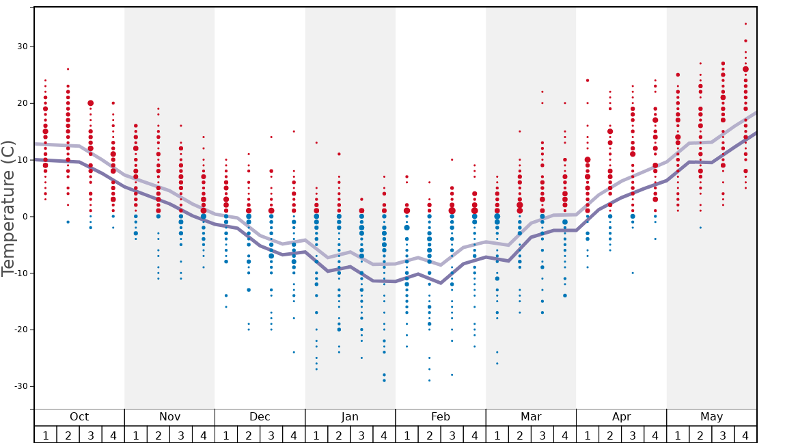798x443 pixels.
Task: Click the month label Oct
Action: (79, 417)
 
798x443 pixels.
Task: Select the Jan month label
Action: (350, 417)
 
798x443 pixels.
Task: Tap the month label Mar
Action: (531, 417)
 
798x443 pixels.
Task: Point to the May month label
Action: (711, 417)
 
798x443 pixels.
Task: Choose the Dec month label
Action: (260, 417)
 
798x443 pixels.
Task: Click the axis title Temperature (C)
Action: (8, 209)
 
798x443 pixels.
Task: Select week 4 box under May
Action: (745, 435)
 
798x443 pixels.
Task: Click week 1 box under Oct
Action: (45, 435)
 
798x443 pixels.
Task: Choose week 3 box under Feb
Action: (452, 435)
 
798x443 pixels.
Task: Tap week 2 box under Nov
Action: (159, 435)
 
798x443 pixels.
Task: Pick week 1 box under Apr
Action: (588, 435)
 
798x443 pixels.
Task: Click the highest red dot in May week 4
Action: (745, 24)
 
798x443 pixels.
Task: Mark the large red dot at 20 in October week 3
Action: (90, 103)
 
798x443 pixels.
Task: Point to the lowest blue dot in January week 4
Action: (384, 380)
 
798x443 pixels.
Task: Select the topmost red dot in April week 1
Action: (588, 81)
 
